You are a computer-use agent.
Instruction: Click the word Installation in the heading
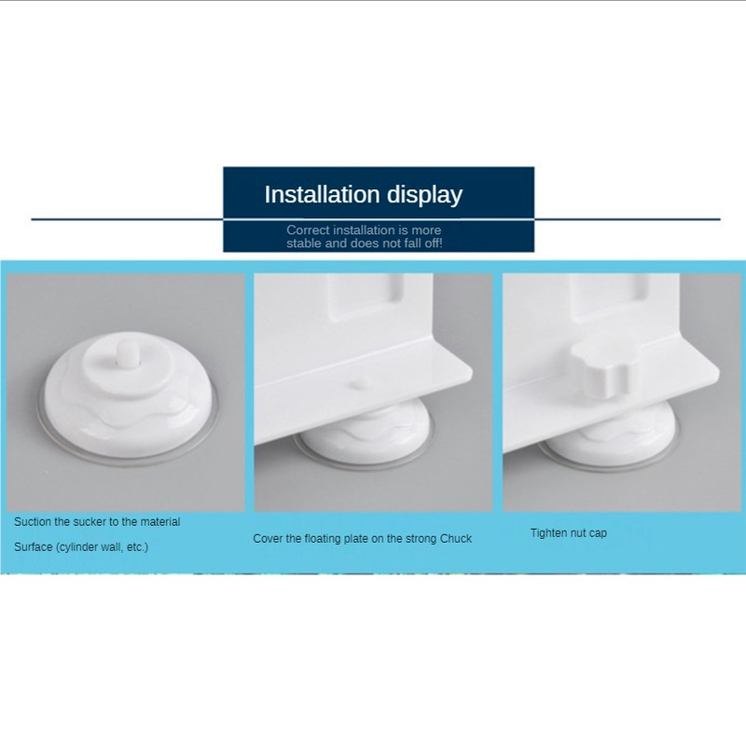[x=322, y=194]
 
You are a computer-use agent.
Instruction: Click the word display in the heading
[x=424, y=195]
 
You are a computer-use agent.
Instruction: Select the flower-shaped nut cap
[x=601, y=367]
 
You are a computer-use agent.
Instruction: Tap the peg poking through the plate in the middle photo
[x=361, y=383]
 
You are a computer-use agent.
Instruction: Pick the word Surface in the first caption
[x=33, y=546]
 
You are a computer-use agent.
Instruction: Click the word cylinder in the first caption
[x=79, y=547]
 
